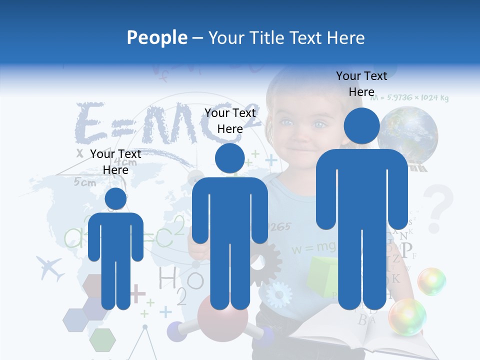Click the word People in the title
pos(157,37)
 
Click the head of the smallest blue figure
pos(115,198)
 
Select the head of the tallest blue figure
pos(361,126)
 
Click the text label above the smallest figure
pos(115,162)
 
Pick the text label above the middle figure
pos(230,121)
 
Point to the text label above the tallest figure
pos(361,84)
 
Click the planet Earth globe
pos(407,134)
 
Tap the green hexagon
pos(102,339)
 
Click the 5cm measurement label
pos(85,182)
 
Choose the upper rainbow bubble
pos(431,281)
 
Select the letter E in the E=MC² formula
pos(90,123)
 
